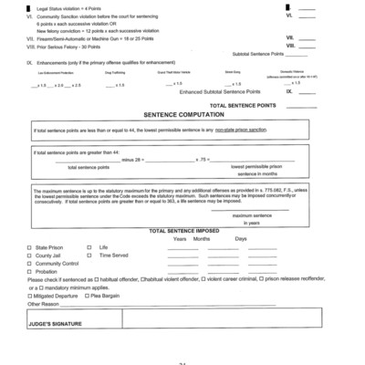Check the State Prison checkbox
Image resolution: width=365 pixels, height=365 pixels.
(28, 247)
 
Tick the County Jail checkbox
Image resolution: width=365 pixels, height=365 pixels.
(28, 255)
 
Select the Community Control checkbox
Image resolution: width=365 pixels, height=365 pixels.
(28, 264)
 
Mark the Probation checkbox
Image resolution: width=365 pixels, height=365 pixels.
(28, 272)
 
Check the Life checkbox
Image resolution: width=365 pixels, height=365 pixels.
(89, 247)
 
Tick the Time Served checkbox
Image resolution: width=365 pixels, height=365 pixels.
(89, 255)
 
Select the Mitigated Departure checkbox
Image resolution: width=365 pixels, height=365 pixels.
(28, 296)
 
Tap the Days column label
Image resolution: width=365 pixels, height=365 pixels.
(240, 239)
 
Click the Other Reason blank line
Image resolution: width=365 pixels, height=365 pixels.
(182, 306)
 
